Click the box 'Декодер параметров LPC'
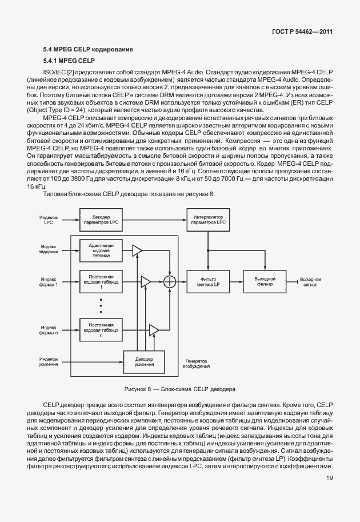[101, 220]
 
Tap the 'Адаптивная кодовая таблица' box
[101, 250]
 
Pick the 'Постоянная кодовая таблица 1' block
[101, 281]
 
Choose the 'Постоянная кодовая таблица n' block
[101, 330]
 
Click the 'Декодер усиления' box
[144, 361]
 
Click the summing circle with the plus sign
[170, 281]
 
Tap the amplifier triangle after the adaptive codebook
[136, 250]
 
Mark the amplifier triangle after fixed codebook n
[153, 330]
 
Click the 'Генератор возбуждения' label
[195, 364]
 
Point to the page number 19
[329, 495]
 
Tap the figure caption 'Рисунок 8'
[179, 389]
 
